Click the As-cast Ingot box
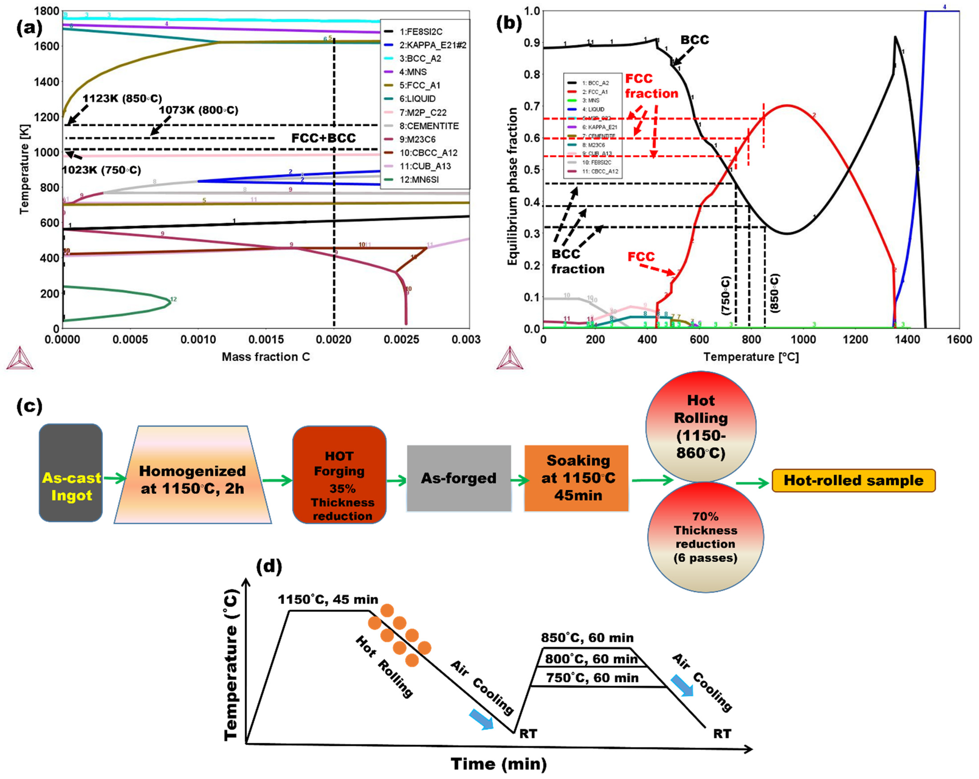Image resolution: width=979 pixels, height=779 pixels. pos(71,473)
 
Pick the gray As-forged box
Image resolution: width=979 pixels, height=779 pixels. pos(459,478)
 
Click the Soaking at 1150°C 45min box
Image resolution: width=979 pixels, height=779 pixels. pos(577,478)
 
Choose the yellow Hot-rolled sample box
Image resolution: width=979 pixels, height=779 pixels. pos(854,480)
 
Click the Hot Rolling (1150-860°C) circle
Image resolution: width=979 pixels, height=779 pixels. pos(701,426)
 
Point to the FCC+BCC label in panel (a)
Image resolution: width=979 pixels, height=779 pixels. pos(323,138)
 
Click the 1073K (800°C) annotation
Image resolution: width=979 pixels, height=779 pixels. pos(198,110)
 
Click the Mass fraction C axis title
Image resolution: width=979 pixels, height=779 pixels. pos(266,357)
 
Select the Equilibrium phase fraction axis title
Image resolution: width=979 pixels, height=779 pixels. pos(512,186)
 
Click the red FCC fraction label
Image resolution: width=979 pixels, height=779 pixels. pos(651,86)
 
